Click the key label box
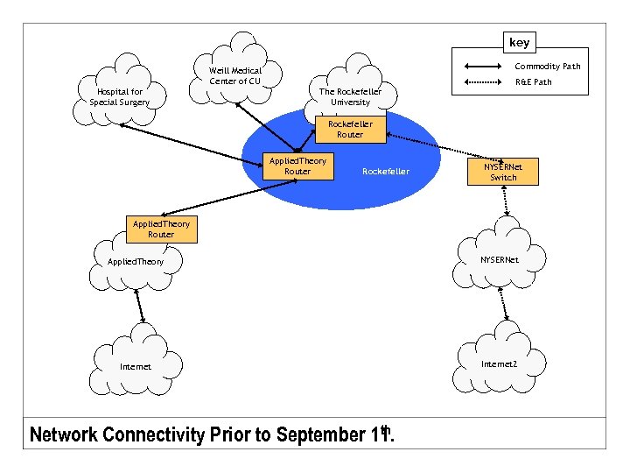(519, 41)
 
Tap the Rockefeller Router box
(350, 130)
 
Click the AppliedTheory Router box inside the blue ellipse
(297, 166)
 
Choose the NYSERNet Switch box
(503, 171)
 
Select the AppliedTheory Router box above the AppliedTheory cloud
(161, 229)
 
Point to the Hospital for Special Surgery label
(120, 96)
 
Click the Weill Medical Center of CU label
(235, 76)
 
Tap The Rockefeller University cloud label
(350, 96)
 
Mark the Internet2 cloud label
(499, 363)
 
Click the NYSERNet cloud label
(499, 260)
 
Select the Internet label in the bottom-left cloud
(136, 366)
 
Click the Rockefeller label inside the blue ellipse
(385, 172)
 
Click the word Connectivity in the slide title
(153, 434)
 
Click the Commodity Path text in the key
(547, 67)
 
